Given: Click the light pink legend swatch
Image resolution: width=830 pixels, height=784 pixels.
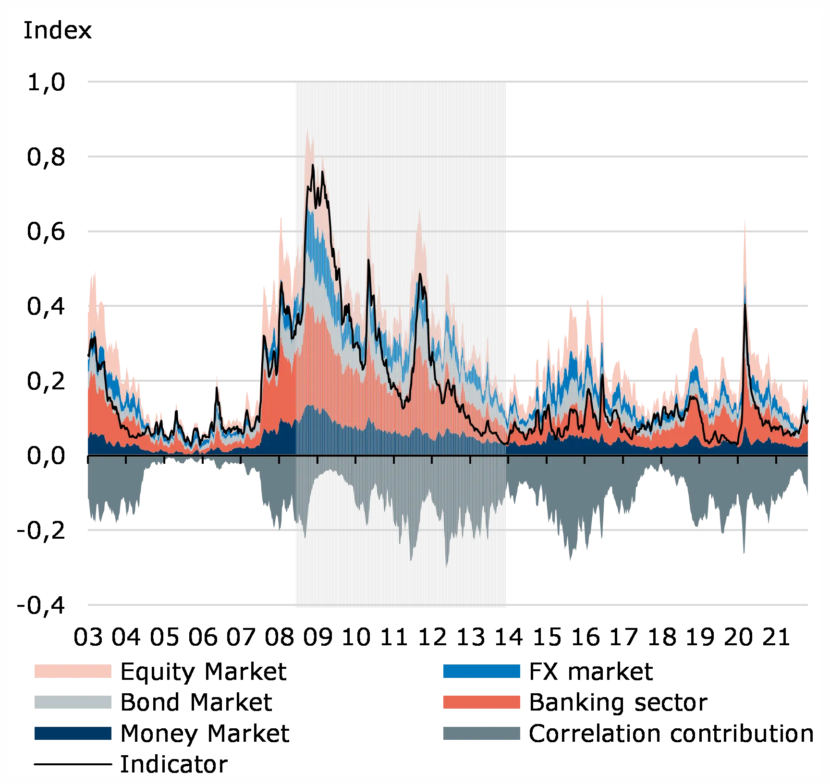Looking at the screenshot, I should click(73, 672).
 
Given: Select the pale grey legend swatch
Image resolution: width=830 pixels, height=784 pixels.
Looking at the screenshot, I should click(73, 702).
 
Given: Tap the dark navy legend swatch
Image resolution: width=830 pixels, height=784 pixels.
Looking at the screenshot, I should click(73, 733).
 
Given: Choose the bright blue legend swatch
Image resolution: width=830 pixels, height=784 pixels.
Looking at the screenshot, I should click(482, 672).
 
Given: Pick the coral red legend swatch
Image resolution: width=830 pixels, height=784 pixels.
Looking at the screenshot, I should click(482, 702).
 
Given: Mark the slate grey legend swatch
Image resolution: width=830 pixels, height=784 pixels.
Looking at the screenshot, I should click(482, 733).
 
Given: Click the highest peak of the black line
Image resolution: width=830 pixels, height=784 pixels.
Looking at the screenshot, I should click(313, 166).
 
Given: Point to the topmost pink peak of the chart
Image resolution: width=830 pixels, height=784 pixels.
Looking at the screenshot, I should click(308, 131).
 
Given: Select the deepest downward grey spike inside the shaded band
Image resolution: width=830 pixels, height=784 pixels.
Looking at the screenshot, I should click(447, 567).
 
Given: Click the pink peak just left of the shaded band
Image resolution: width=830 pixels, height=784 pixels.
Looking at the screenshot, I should click(282, 217).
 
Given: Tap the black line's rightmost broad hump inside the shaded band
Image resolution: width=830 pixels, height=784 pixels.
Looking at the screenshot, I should click(420, 274).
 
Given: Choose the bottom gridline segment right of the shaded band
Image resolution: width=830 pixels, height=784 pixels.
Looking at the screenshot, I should click(658, 605).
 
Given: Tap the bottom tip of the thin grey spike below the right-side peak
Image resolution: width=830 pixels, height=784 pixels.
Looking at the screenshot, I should click(744, 556).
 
